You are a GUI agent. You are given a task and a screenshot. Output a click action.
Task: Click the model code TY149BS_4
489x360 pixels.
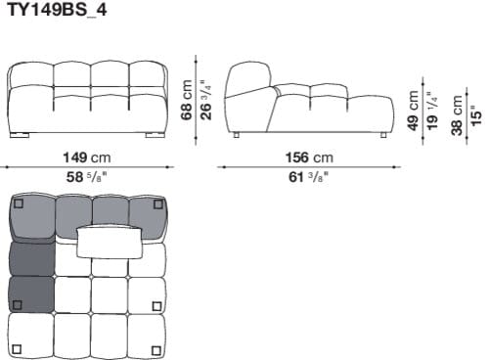click(56, 12)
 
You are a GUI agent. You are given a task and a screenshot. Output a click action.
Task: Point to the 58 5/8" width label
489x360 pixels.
click(87, 177)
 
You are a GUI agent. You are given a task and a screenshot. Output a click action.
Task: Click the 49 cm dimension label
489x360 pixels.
click(414, 110)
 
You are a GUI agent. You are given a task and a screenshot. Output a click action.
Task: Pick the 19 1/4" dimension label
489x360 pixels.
click(431, 110)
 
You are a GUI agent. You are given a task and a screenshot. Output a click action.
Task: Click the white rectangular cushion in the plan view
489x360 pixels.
click(111, 240)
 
